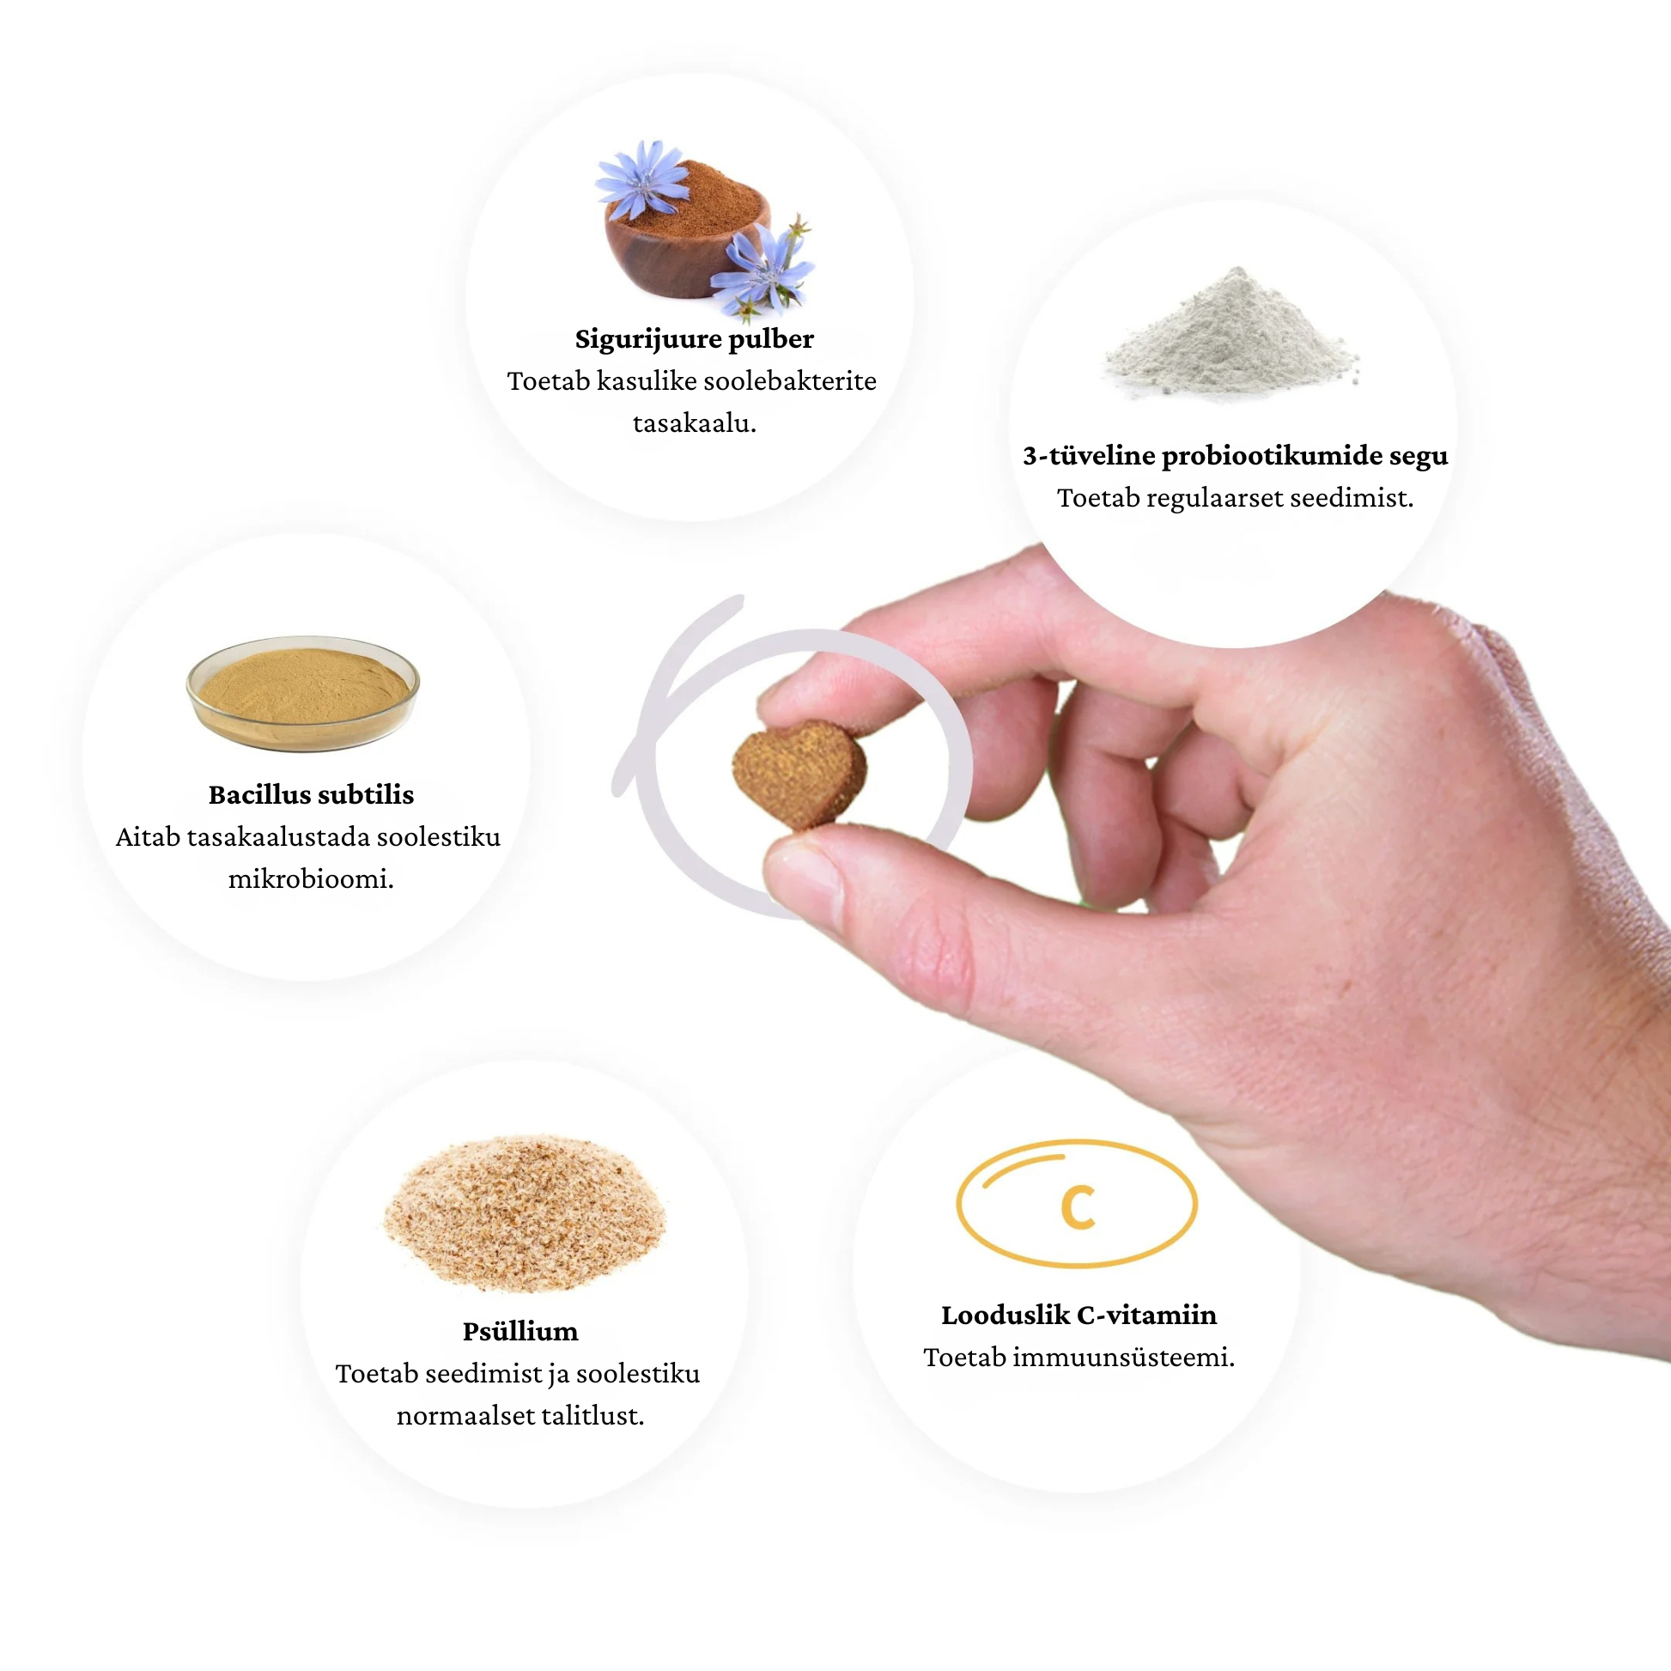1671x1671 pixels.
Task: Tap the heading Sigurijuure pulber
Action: point(694,339)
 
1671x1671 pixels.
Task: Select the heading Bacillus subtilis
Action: point(312,794)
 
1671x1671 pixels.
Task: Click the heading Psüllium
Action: point(520,1331)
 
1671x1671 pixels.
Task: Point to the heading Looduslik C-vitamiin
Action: point(1079,1315)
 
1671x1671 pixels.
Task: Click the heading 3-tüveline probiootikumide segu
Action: point(1235,456)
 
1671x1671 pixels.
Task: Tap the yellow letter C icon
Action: point(1078,1207)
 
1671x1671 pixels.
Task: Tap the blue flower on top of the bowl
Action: point(641,179)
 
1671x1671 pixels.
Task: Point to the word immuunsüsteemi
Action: point(1123,1357)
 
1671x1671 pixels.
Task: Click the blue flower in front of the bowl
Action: point(761,270)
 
